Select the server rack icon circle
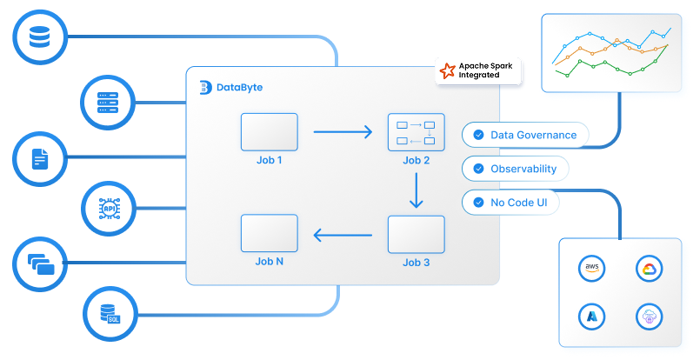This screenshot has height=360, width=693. coord(107,101)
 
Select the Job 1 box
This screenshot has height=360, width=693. coord(269,132)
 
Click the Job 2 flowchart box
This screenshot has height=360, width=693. coord(416,132)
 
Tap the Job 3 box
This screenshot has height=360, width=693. coord(416,234)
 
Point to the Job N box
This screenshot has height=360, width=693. coord(269,234)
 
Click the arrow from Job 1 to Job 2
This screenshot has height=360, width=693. coord(342,132)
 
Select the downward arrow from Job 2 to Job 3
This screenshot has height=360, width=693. coord(416,190)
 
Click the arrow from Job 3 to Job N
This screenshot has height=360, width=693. coord(342,234)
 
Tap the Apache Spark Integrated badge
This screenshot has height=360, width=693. coord(479,71)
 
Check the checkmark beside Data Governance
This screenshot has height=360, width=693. coord(478,135)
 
